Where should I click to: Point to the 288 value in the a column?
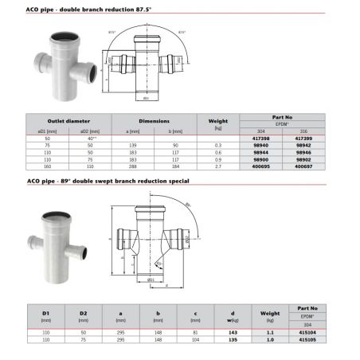tap(131, 168)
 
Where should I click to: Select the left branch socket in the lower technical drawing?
tap(119, 239)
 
